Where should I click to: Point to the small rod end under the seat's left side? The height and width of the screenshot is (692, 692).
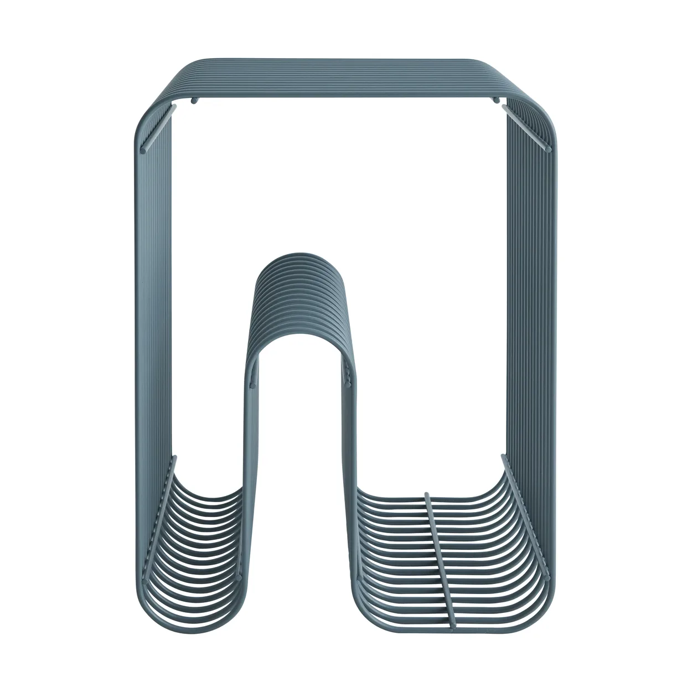194,100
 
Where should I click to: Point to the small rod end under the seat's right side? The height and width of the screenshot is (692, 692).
496,100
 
